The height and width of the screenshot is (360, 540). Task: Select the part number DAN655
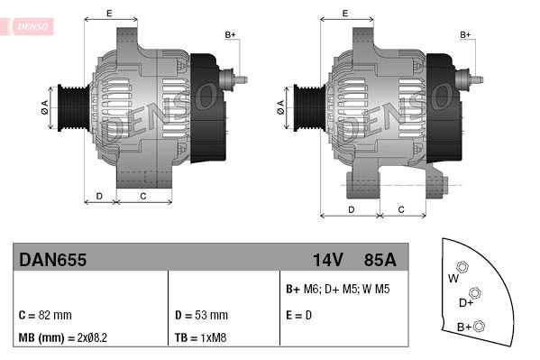pos(52,260)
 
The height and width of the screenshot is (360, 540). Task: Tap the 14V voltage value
pos(328,260)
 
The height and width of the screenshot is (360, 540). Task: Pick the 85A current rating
pos(379,260)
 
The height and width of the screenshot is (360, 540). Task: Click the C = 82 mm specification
pos(45,316)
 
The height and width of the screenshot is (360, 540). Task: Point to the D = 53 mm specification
pos(200,316)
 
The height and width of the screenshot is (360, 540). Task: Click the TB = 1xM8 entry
pos(201,337)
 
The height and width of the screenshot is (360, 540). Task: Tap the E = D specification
pos(298,316)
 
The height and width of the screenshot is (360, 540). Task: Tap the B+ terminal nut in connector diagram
pos(480,326)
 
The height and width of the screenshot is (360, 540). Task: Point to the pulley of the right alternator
pos(306,107)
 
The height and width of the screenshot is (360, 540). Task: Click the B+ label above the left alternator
pos(231,34)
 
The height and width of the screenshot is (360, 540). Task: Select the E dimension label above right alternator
pos(346,14)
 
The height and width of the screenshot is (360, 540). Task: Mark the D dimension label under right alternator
pos(351,209)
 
